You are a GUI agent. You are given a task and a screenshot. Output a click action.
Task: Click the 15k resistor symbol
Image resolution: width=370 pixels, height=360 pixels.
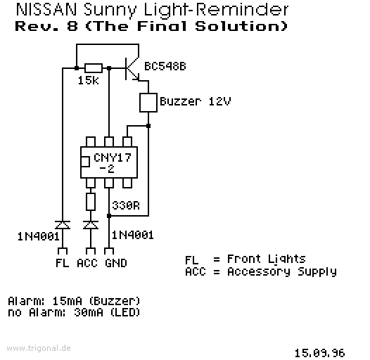94,68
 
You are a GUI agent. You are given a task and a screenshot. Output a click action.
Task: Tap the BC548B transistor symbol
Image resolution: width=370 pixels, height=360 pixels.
132,69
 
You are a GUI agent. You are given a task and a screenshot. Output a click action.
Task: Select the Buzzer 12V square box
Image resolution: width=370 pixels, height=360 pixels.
148,103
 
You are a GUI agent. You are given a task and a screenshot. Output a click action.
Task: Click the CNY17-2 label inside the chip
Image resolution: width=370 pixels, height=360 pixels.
113,163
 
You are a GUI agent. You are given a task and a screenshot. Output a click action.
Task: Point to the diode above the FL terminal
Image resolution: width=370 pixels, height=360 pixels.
63,225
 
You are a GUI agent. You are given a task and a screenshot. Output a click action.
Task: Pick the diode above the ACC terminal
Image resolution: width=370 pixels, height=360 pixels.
91,225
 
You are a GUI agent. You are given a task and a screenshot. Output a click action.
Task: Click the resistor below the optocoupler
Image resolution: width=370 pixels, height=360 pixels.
91,202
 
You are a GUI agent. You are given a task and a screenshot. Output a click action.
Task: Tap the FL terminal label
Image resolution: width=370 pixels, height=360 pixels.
63,263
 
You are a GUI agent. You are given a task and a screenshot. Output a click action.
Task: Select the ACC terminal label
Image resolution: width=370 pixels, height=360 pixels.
87,263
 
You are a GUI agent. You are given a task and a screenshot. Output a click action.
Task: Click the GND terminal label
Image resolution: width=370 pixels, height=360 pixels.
116,263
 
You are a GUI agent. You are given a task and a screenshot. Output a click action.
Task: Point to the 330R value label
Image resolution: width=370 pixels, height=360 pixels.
126,205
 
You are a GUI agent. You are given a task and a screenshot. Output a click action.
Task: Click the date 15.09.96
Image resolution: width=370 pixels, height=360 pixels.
320,353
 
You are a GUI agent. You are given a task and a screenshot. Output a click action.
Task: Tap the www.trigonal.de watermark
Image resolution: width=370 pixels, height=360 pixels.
39,348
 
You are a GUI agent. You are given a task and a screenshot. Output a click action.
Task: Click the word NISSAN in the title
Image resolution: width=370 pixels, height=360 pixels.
46,10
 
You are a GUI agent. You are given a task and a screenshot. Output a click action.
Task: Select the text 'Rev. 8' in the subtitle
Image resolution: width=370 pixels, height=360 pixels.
46,26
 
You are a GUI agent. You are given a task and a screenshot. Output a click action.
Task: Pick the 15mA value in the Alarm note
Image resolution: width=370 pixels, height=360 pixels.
68,301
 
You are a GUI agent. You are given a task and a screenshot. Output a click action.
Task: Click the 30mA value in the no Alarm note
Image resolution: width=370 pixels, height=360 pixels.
89,313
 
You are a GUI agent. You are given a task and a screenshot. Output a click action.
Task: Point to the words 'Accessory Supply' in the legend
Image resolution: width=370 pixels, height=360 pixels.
282,272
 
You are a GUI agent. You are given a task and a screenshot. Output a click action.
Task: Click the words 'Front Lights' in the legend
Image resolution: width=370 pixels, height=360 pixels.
267,259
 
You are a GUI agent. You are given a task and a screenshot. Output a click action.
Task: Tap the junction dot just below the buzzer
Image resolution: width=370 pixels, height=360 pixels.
148,126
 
